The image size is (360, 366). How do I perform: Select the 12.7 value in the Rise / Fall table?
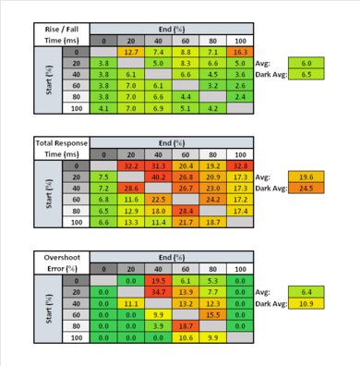130,54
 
